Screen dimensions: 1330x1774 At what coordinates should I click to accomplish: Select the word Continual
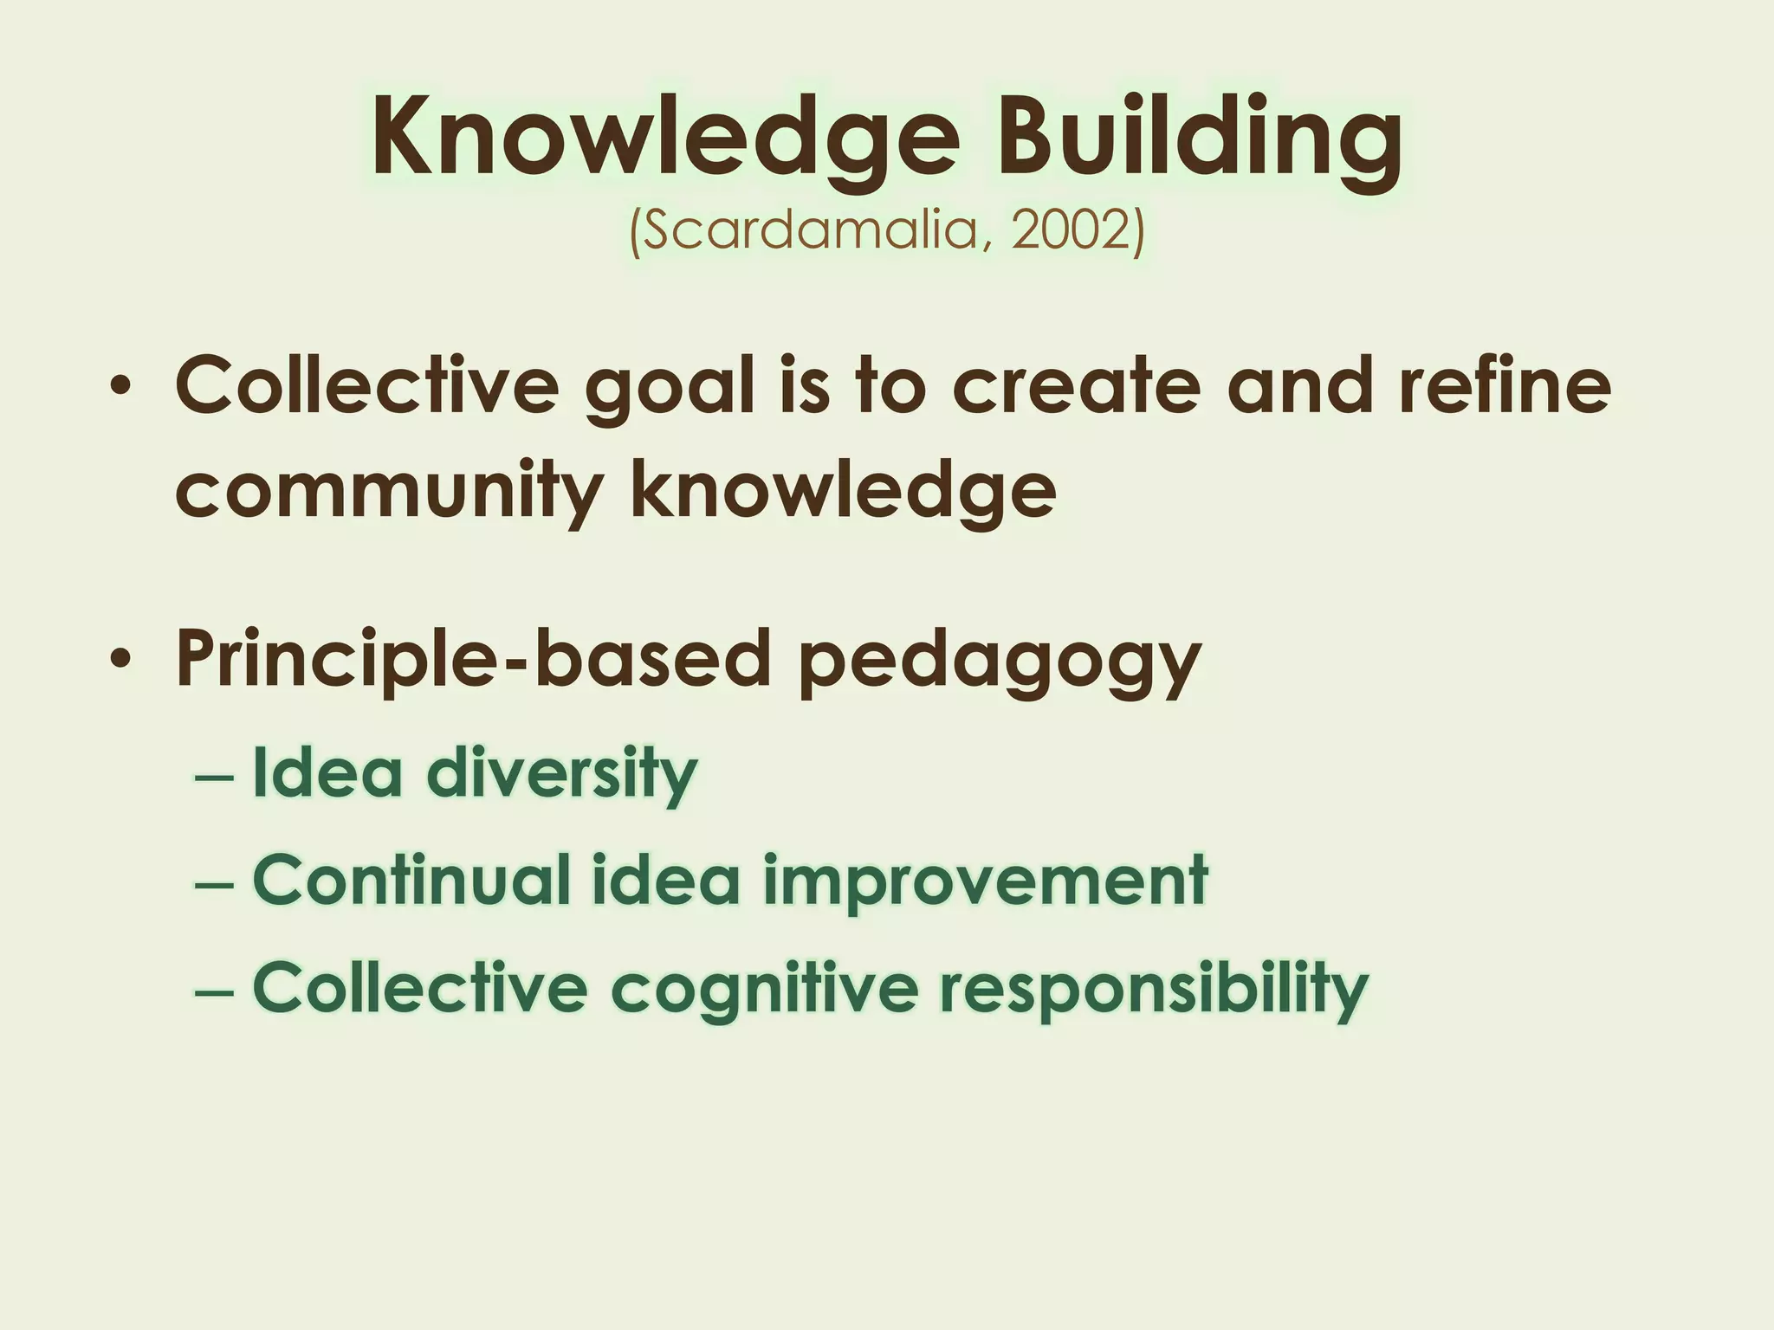click(x=411, y=880)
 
